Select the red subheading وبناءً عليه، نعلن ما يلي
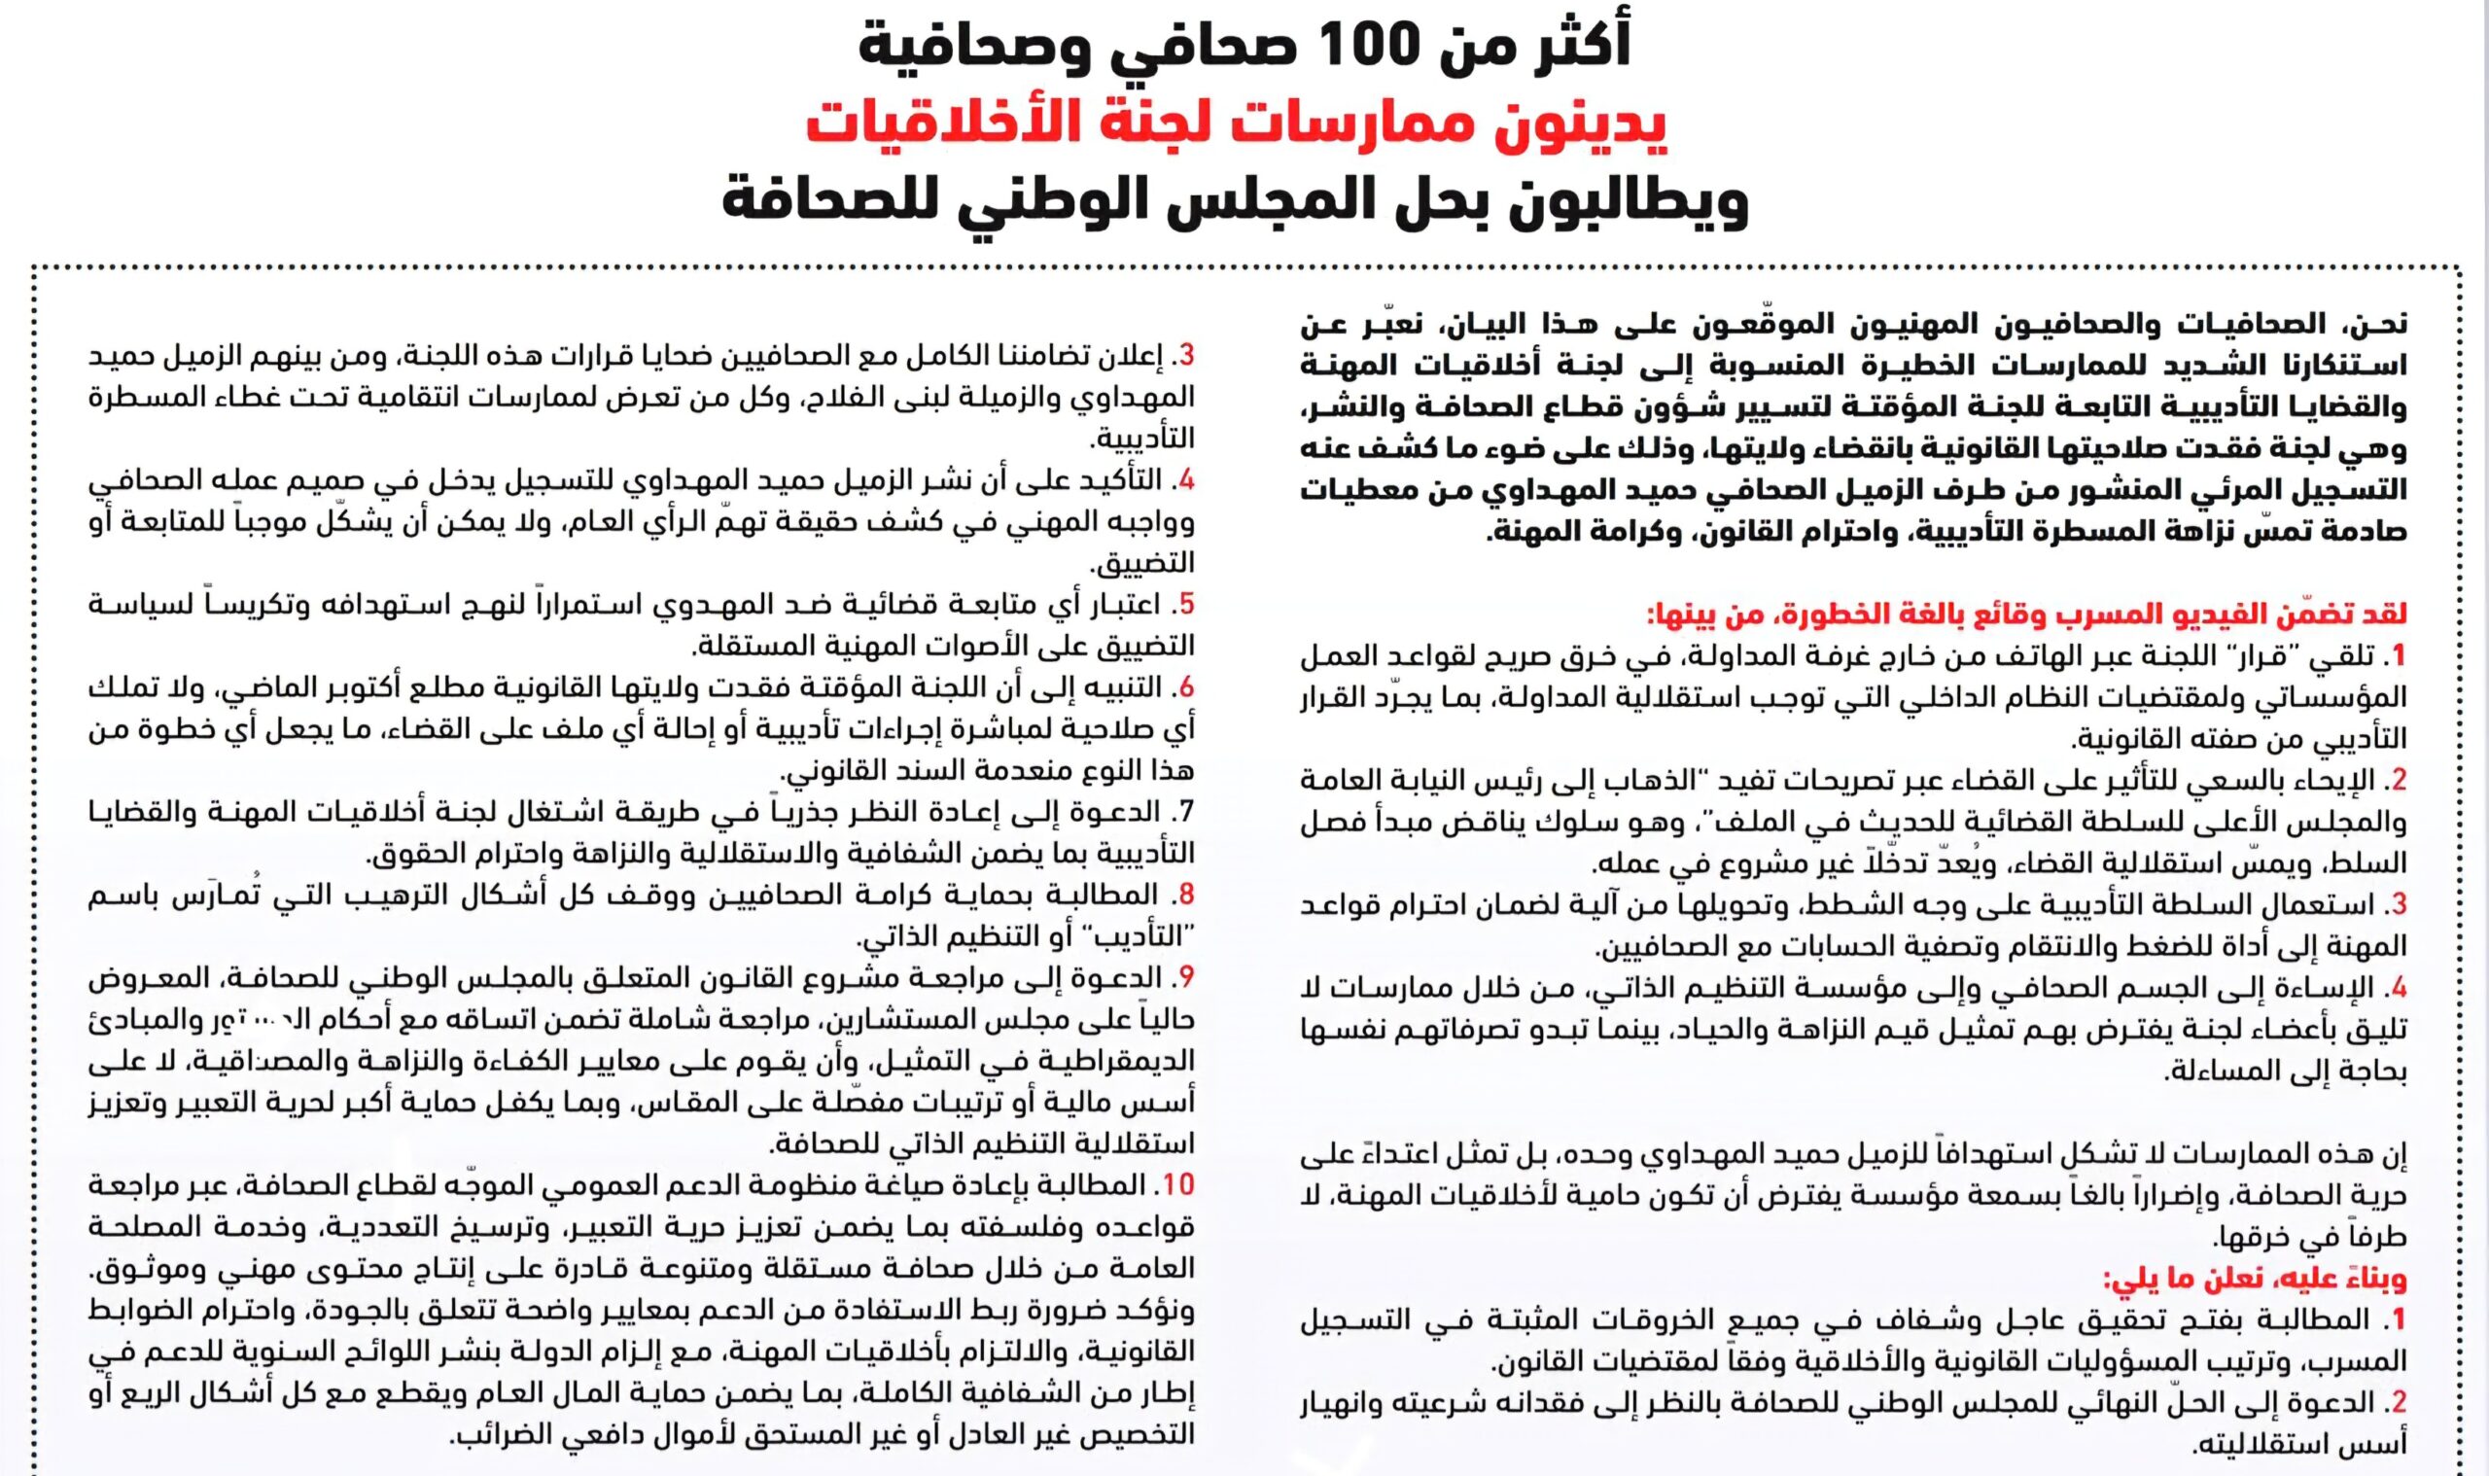2256,1279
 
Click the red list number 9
1185,978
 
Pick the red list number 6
1185,687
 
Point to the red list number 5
1185,604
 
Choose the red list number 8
1185,896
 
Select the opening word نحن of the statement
2383,324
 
